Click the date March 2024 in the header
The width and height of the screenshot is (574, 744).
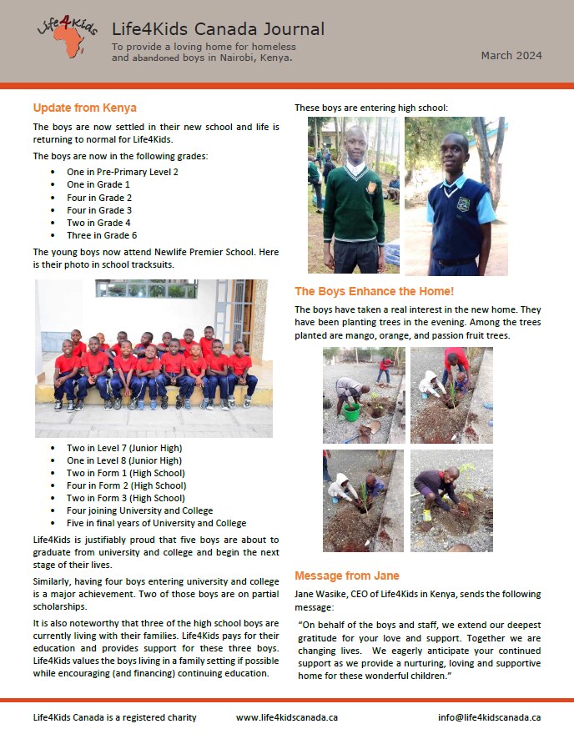(511, 56)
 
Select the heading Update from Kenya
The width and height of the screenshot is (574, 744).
(84, 108)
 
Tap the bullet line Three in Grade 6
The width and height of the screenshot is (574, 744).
(102, 235)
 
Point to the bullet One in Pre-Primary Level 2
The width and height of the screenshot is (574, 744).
(122, 172)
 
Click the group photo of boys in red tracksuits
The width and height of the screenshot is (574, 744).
(154, 358)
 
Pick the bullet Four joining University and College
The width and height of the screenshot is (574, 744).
(139, 510)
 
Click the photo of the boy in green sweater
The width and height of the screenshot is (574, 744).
(354, 195)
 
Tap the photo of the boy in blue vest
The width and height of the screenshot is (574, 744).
(456, 195)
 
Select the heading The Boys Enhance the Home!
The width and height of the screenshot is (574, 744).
(374, 291)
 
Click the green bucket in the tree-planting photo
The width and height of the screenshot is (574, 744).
(351, 412)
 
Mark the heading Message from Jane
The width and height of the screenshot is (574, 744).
(346, 576)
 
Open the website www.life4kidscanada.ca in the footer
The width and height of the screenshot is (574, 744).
(286, 717)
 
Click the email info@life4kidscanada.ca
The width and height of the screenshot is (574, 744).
(489, 717)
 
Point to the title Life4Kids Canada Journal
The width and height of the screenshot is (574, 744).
(217, 29)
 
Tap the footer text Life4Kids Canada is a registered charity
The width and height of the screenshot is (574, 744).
(114, 717)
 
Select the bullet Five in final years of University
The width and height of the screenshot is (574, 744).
(156, 523)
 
